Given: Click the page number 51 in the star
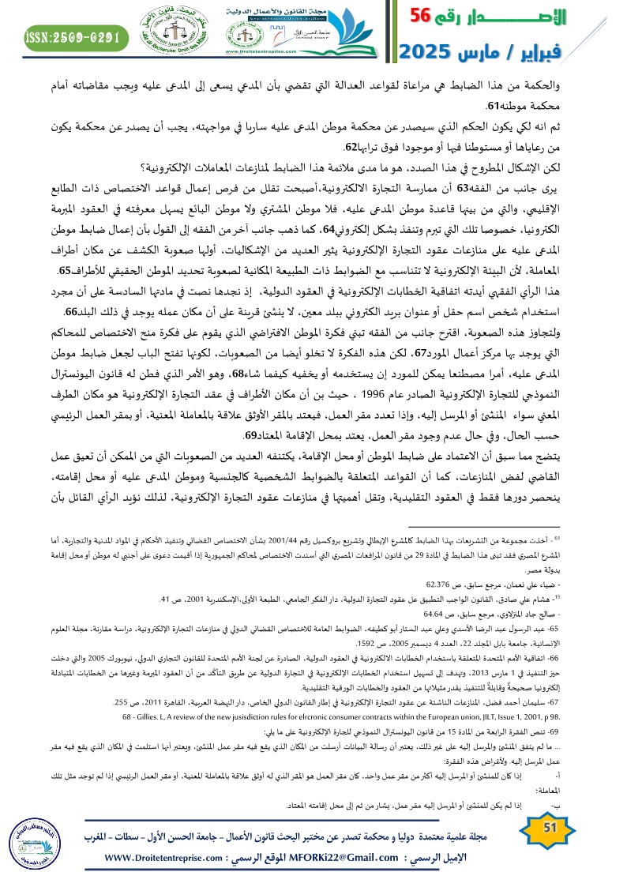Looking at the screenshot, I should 552,827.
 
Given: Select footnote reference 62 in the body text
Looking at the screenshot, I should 352,147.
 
